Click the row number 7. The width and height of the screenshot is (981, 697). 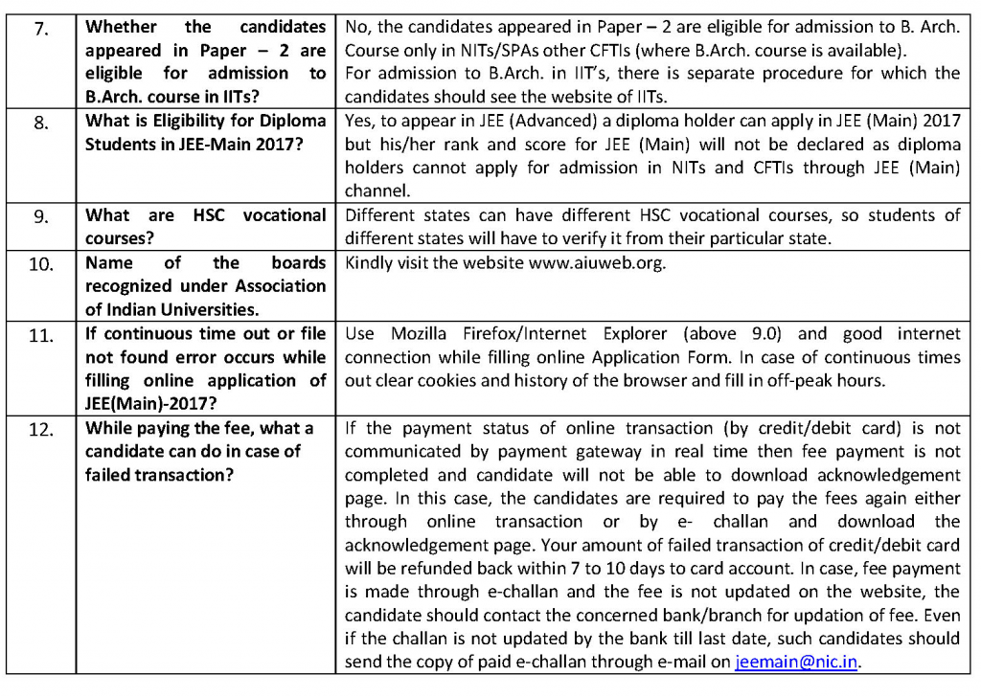[40, 28]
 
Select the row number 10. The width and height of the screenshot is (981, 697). [40, 263]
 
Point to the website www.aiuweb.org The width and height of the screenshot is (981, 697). [596, 262]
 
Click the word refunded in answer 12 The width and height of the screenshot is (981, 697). [443, 568]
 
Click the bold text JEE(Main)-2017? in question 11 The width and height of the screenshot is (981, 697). [148, 403]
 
